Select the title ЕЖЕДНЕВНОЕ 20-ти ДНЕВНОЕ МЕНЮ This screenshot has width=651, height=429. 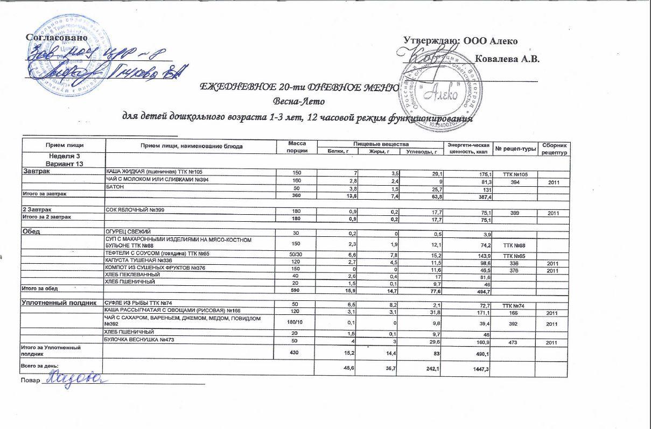[x=299, y=87]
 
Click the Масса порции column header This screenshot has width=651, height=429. [x=297, y=147]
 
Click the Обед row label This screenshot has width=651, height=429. [x=33, y=232]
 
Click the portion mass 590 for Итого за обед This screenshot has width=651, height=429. [x=297, y=291]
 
